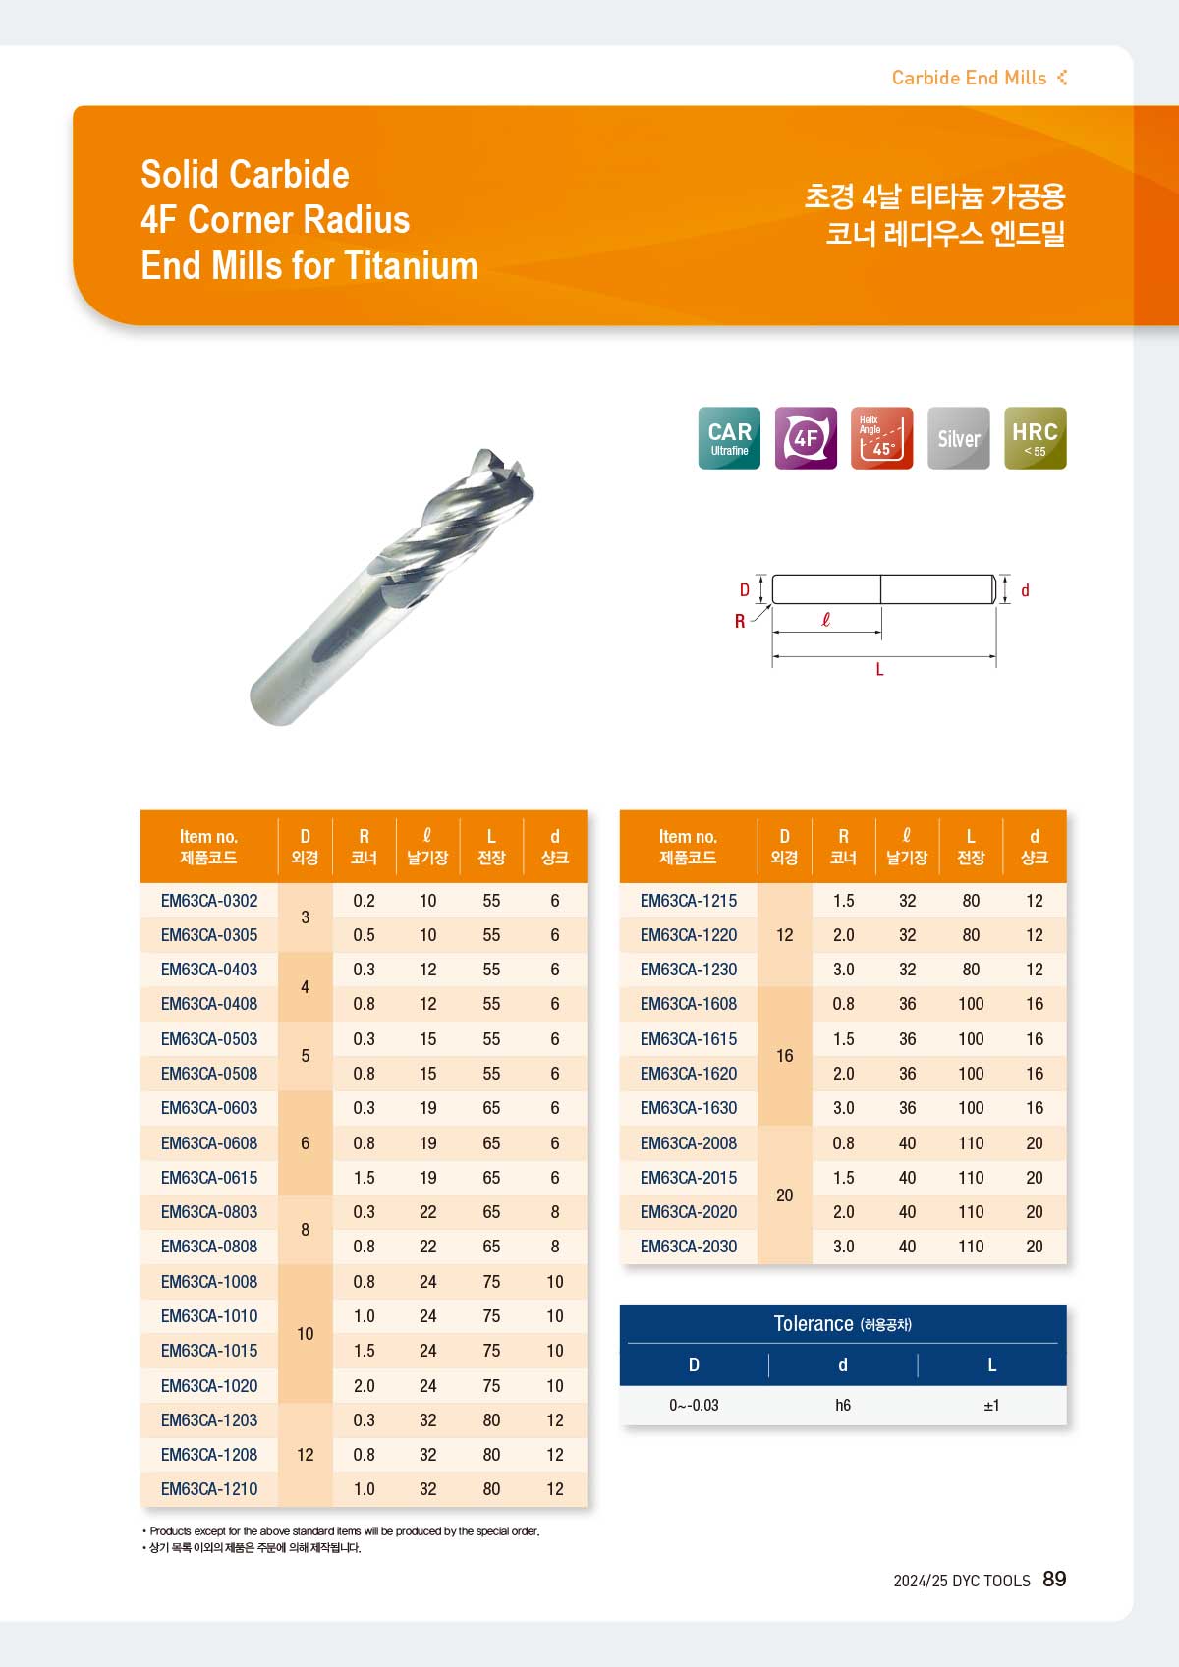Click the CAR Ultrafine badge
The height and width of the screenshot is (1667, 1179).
click(729, 437)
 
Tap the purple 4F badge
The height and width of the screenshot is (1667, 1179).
click(806, 437)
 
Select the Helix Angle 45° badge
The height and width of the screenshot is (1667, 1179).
click(882, 437)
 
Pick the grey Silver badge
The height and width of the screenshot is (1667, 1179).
click(959, 437)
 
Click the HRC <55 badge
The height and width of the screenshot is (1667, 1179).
click(1036, 437)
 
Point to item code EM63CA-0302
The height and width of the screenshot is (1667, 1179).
click(209, 901)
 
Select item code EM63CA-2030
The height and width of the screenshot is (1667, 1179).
click(689, 1247)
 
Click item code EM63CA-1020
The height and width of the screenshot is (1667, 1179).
click(209, 1386)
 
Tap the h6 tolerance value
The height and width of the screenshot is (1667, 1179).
click(843, 1405)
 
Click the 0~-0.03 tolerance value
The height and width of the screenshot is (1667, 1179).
click(694, 1405)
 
